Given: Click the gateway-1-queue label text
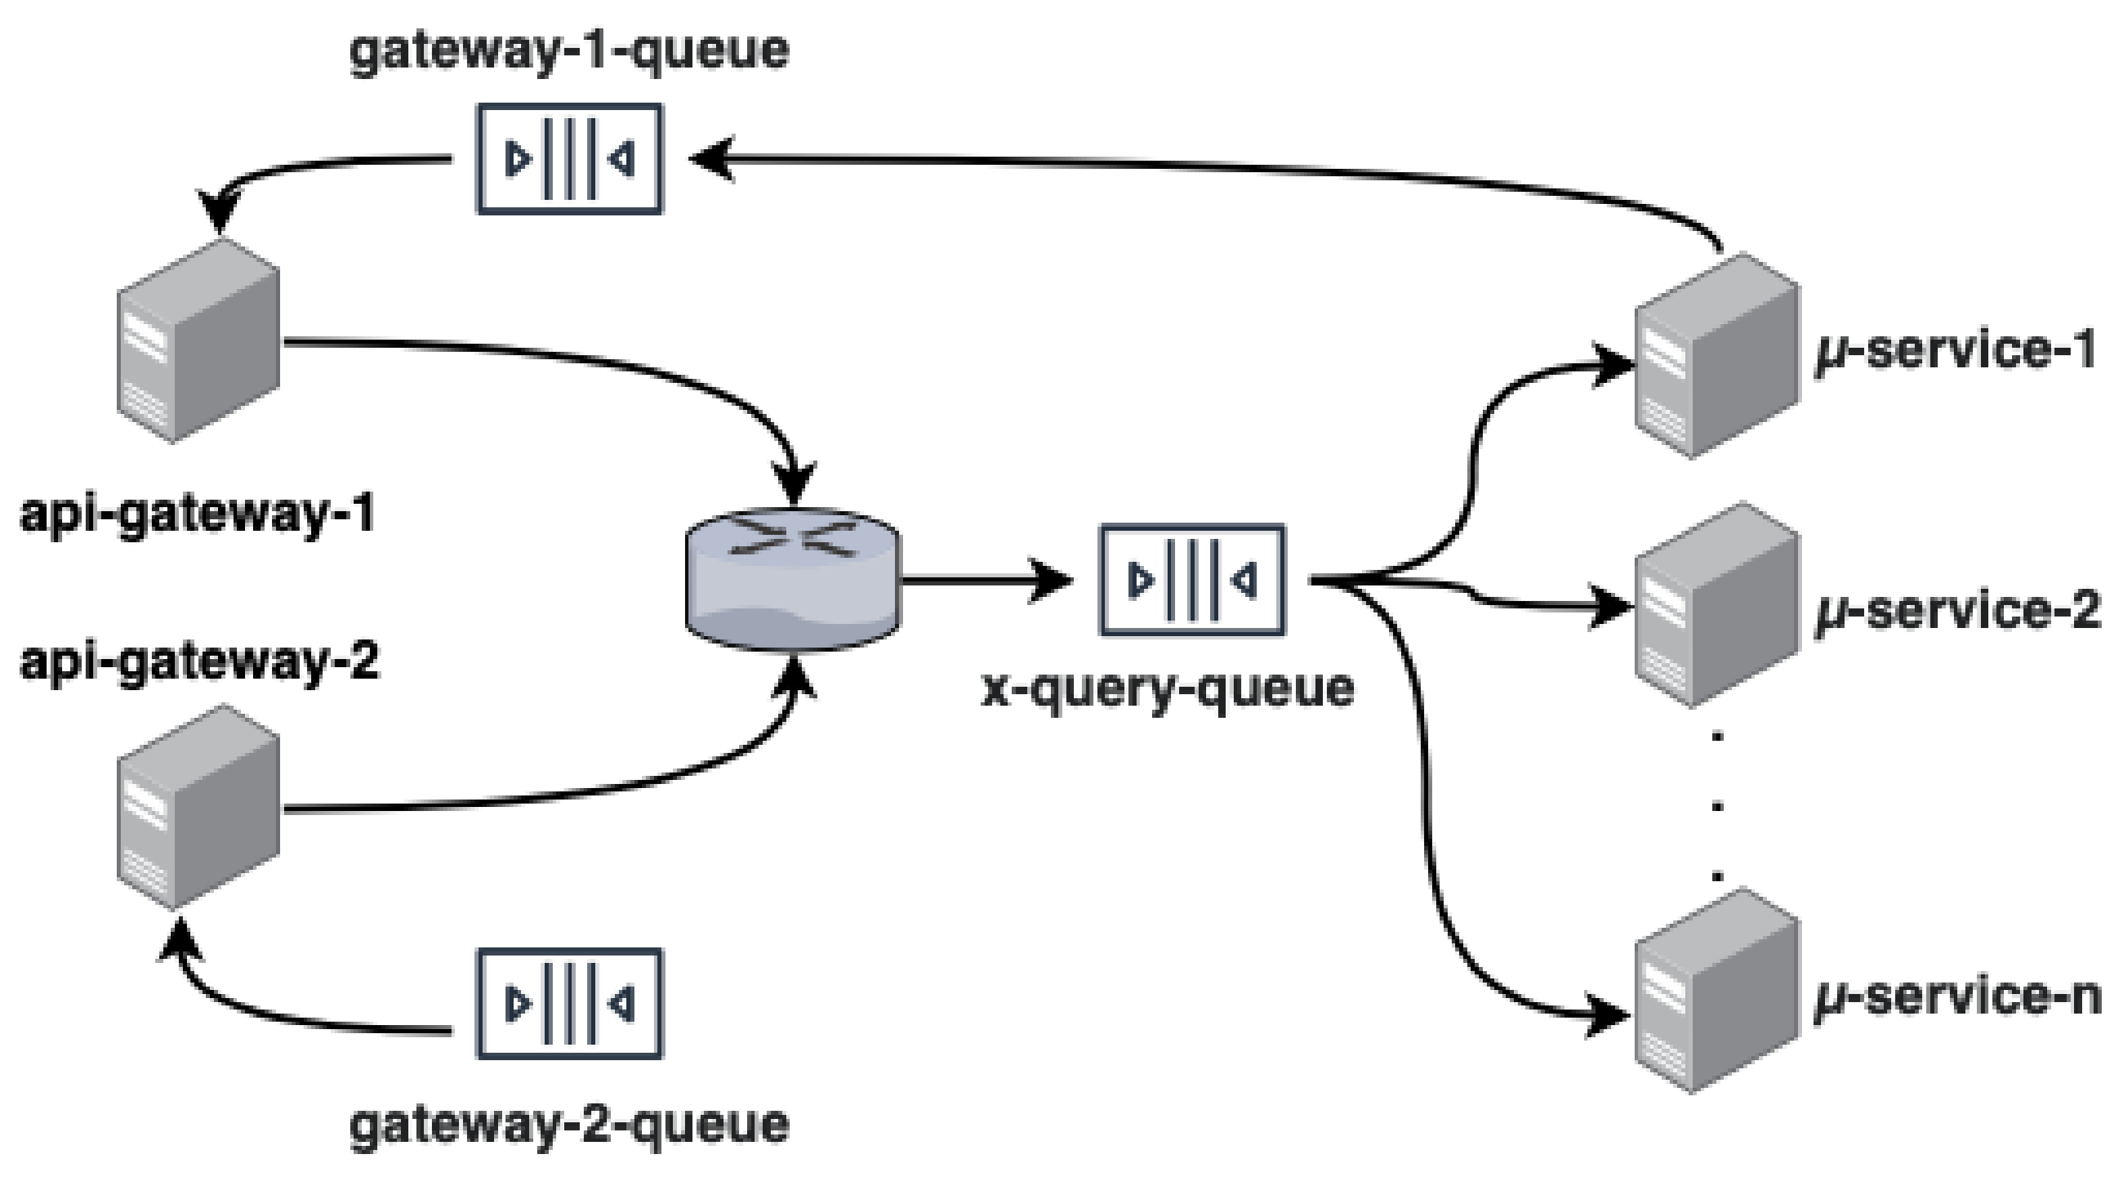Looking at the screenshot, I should pyautogui.click(x=569, y=51).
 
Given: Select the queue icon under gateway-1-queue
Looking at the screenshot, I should pyautogui.click(x=569, y=159).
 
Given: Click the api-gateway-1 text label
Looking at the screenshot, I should pyautogui.click(x=198, y=515).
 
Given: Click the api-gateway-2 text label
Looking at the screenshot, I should pyautogui.click(x=200, y=662).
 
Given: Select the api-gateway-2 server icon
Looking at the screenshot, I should pyautogui.click(x=198, y=808).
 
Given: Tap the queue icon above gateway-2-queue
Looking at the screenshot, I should pyautogui.click(x=569, y=1003).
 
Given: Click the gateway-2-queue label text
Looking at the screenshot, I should pyautogui.click(x=569, y=1125).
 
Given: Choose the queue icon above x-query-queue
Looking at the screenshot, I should pyautogui.click(x=1193, y=580).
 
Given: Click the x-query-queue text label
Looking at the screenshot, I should pyautogui.click(x=1168, y=689).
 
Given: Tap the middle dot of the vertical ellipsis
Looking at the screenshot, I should pyautogui.click(x=1718, y=805).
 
